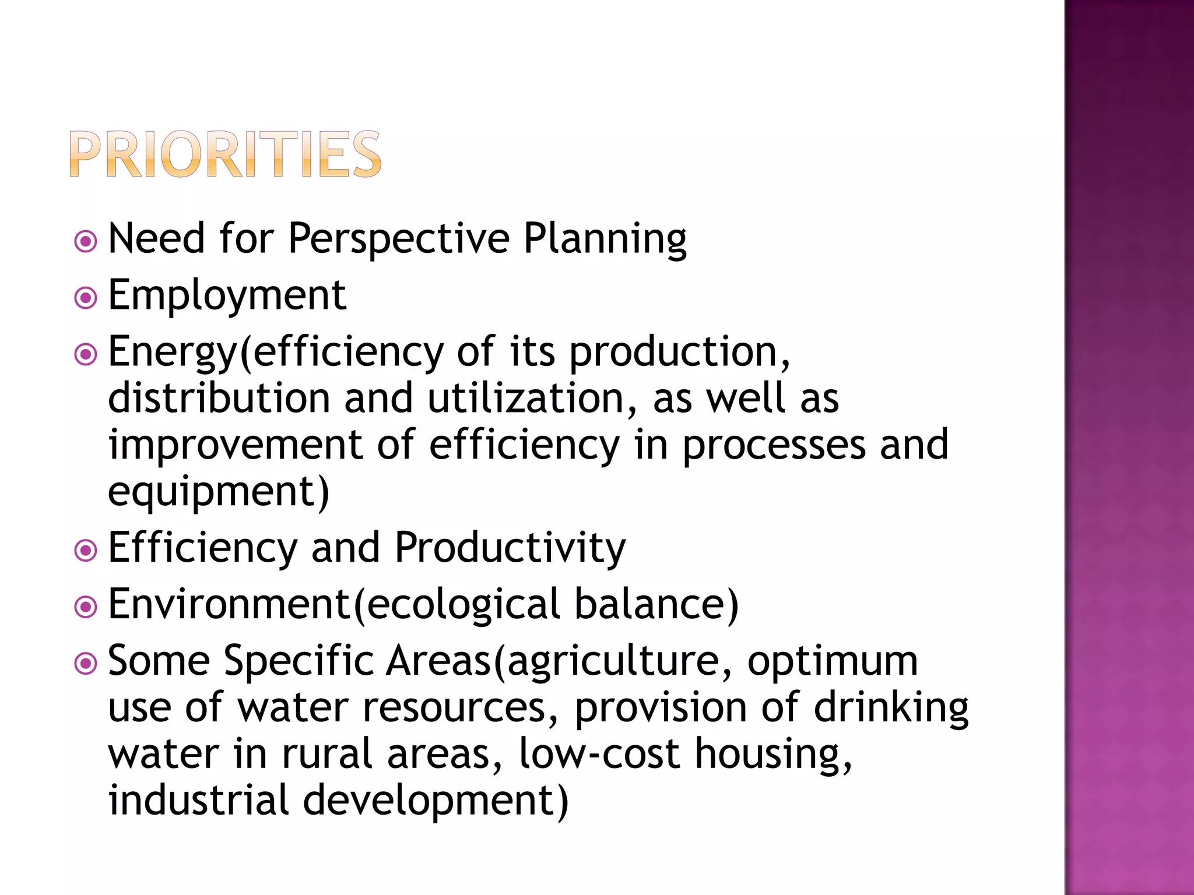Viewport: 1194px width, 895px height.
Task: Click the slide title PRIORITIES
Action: [225, 154]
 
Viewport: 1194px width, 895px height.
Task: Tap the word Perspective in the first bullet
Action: [399, 239]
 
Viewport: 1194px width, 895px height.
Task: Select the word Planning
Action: [605, 239]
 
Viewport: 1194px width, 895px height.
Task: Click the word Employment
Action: [227, 295]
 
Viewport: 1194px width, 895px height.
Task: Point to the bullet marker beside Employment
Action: [86, 298]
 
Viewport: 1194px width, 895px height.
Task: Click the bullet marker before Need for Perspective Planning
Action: [86, 241]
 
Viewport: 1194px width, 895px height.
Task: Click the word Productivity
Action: [510, 548]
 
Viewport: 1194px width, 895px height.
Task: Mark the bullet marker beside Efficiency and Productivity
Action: [86, 550]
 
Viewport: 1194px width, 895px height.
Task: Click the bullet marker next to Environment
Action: [86, 607]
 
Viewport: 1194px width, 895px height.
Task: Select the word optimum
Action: [833, 661]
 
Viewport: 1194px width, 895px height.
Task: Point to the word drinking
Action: [891, 708]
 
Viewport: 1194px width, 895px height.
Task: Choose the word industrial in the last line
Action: [198, 799]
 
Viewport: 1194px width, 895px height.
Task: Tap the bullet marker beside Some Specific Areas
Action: [86, 663]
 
